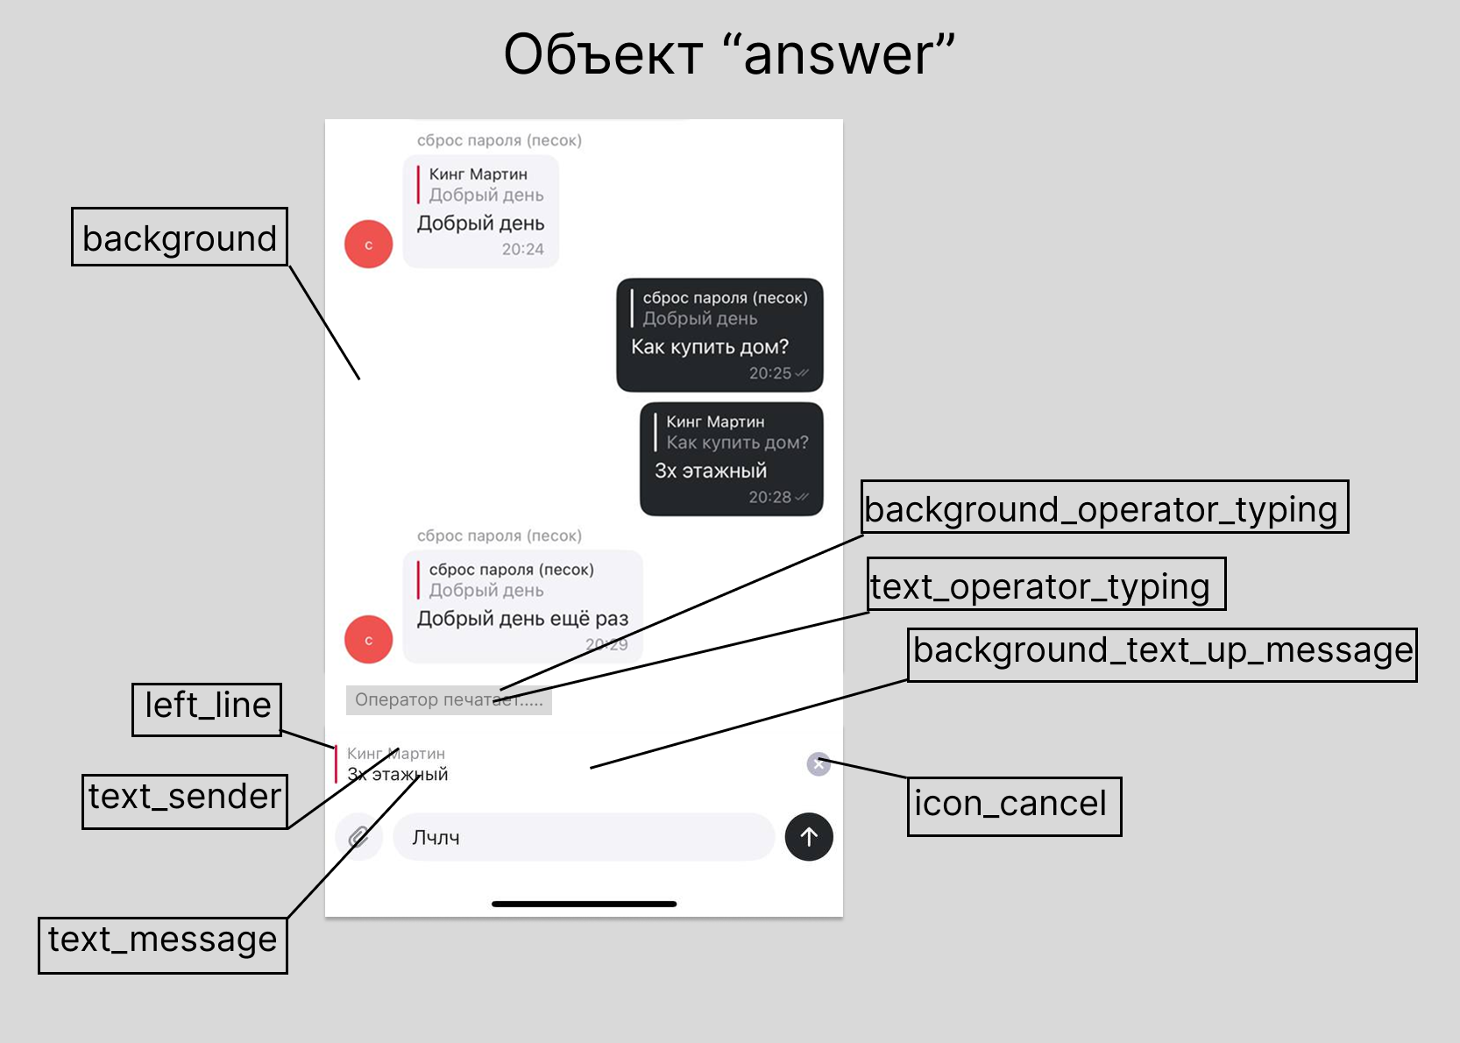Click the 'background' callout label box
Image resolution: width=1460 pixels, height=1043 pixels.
[x=180, y=237]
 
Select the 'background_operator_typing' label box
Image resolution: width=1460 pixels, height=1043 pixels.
[x=1104, y=507]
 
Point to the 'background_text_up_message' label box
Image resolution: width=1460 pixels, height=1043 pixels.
[x=1162, y=654]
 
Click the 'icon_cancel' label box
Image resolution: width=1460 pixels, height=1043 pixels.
[x=1014, y=805]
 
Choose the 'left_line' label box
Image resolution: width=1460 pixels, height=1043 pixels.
[x=207, y=709]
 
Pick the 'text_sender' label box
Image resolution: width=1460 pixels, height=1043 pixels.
[x=185, y=801]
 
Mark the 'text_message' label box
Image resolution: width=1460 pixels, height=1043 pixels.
[x=163, y=944]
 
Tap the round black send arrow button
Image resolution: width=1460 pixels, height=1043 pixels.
[x=809, y=837]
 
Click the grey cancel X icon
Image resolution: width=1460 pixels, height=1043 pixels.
[x=819, y=764]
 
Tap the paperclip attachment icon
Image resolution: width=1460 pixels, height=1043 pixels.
[x=358, y=837]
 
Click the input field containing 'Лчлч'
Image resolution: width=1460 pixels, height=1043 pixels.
[x=583, y=837]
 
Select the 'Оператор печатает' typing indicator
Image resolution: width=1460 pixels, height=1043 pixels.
[x=448, y=699]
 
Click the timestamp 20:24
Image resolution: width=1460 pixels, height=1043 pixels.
[x=522, y=249]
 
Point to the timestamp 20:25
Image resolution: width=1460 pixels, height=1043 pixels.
[x=769, y=373]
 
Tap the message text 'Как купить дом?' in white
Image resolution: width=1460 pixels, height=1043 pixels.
[x=710, y=347]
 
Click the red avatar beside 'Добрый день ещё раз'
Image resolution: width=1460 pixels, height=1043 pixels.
[x=368, y=640]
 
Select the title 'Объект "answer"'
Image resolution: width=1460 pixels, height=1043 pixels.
[x=728, y=54]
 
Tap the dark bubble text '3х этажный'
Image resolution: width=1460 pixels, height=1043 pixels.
[x=711, y=471]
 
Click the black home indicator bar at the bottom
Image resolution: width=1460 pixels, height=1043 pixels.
[x=584, y=904]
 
